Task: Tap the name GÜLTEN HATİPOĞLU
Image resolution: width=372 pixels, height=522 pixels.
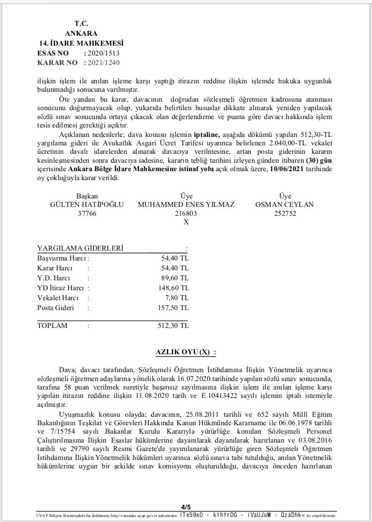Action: click(x=87, y=204)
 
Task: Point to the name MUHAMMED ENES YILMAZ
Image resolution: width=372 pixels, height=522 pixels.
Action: click(x=186, y=204)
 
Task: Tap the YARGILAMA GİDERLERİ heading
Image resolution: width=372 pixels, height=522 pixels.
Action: click(x=80, y=249)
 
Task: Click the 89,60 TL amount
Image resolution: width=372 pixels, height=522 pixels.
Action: click(x=175, y=278)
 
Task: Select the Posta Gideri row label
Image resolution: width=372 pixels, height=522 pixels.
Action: click(x=55, y=308)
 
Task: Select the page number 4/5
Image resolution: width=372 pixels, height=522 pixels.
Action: click(x=186, y=507)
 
